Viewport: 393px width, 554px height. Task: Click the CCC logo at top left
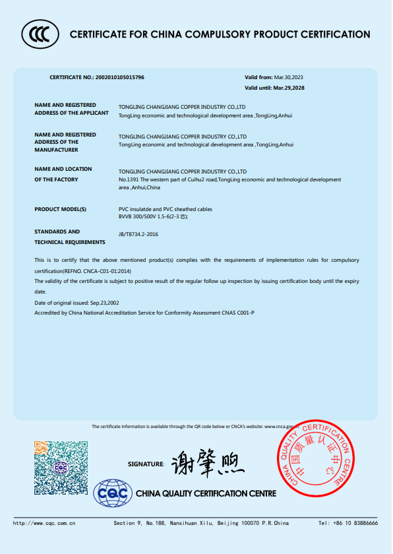[40, 34]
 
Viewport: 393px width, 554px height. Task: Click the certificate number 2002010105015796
[119, 77]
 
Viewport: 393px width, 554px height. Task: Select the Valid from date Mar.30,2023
[288, 77]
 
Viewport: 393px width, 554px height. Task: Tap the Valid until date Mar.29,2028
[289, 88]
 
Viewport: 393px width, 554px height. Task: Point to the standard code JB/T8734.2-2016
[138, 234]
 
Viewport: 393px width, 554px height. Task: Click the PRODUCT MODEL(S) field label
[61, 208]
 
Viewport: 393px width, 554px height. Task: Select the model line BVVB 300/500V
[153, 216]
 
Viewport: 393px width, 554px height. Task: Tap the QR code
[61, 468]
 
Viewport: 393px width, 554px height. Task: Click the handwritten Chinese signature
[206, 464]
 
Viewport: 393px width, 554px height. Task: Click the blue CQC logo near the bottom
[113, 493]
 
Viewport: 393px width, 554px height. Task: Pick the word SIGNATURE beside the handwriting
[146, 464]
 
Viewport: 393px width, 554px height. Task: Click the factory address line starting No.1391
[229, 179]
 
